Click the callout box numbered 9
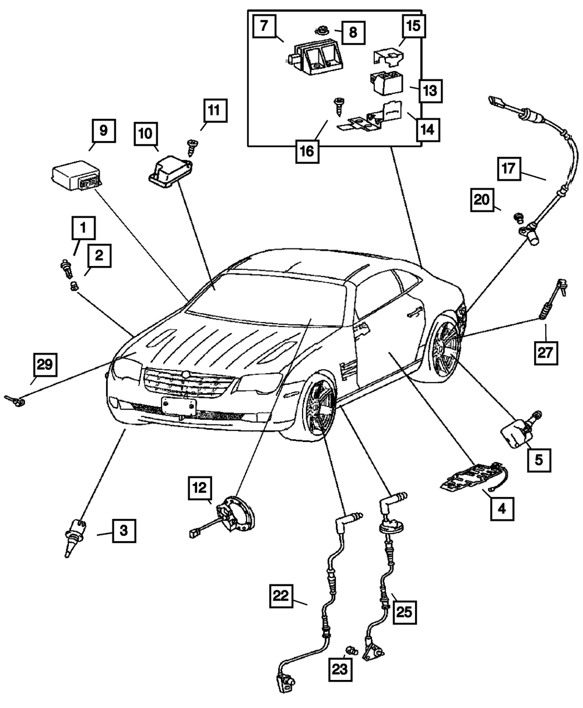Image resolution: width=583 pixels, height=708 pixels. click(x=104, y=131)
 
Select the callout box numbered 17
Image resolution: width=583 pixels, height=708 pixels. click(x=509, y=169)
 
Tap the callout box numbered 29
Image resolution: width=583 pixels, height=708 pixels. click(x=45, y=365)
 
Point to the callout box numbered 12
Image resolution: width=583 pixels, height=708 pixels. click(x=200, y=488)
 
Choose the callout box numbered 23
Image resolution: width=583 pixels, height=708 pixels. click(x=340, y=670)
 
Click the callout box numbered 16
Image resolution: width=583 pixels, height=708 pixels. click(x=307, y=151)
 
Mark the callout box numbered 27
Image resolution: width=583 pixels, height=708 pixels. click(x=546, y=353)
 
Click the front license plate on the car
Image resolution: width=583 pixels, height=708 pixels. click(x=178, y=406)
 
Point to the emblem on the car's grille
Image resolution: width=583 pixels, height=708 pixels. click(x=185, y=374)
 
